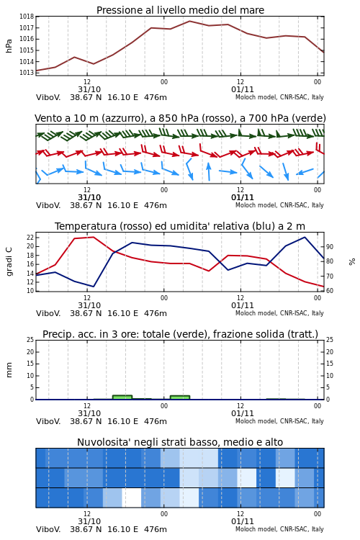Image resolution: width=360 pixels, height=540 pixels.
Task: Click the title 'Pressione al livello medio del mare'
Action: (x=180, y=10)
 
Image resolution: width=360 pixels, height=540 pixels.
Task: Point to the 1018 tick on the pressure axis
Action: (x=27, y=17)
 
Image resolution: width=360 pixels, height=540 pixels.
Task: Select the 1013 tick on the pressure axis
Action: (x=27, y=73)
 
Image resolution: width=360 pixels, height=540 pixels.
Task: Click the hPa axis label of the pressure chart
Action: (x=9, y=46)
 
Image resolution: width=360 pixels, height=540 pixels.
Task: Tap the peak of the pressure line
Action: (x=189, y=21)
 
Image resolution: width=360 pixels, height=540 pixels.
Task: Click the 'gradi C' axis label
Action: (x=9, y=261)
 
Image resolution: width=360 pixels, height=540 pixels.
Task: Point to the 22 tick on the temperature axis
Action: (x=30, y=238)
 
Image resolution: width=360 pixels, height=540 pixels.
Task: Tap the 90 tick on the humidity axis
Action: (x=330, y=246)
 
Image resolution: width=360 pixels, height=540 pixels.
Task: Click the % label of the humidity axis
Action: (x=352, y=262)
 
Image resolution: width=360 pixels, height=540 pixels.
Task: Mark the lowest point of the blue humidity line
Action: (x=94, y=287)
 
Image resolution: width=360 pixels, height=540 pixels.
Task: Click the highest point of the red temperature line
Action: (x=94, y=237)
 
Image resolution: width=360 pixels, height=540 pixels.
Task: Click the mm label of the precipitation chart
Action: (x=9, y=369)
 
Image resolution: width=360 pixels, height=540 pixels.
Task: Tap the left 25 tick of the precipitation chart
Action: (x=30, y=340)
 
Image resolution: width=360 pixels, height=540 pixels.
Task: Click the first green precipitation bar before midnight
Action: (x=122, y=397)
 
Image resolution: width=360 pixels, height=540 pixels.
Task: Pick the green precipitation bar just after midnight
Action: (x=180, y=397)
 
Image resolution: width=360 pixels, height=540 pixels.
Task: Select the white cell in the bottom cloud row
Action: (x=132, y=498)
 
